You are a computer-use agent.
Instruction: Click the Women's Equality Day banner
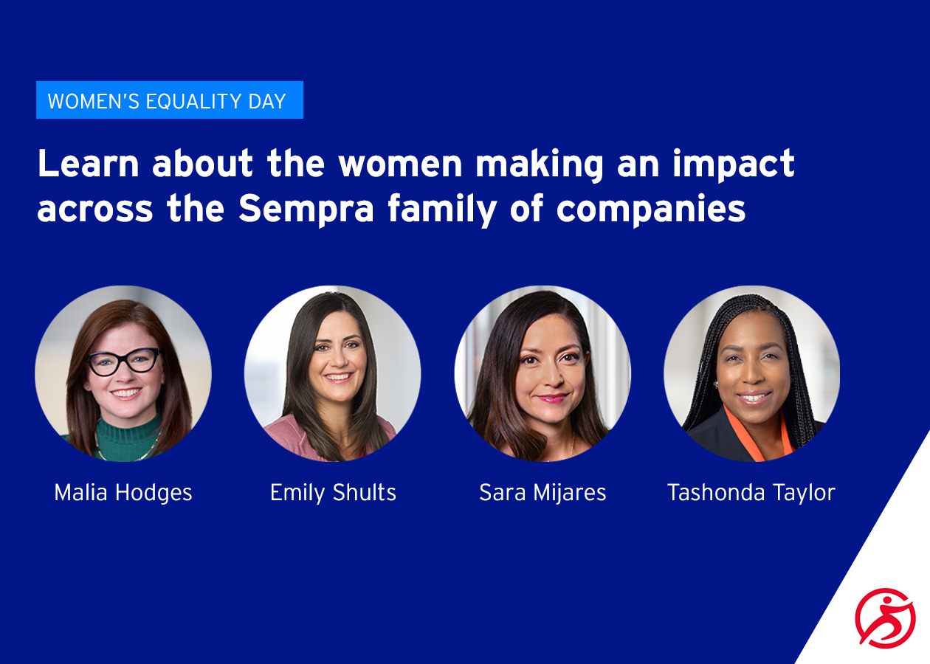coord(169,100)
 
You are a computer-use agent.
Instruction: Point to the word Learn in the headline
coord(88,164)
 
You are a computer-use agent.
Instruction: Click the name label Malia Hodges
coord(123,493)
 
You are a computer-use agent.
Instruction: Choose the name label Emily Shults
coord(333,493)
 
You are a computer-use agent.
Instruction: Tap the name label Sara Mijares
coord(542,493)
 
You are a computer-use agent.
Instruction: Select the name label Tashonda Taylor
coord(751,493)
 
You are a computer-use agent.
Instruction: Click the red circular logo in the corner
coord(885,618)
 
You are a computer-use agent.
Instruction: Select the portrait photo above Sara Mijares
coord(542,373)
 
